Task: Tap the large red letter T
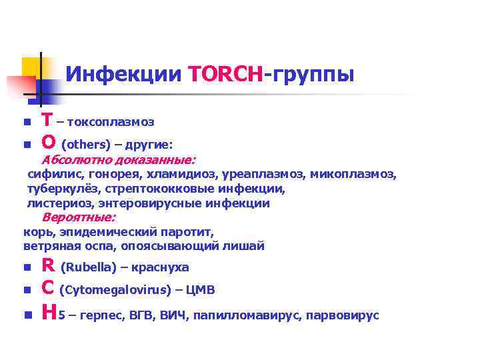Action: click(x=47, y=121)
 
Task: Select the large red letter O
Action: click(x=48, y=142)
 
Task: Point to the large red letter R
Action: click(x=48, y=265)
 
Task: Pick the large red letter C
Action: click(x=47, y=288)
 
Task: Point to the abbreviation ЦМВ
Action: click(x=199, y=290)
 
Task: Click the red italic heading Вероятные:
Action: click(x=79, y=217)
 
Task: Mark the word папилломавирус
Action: click(x=249, y=315)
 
